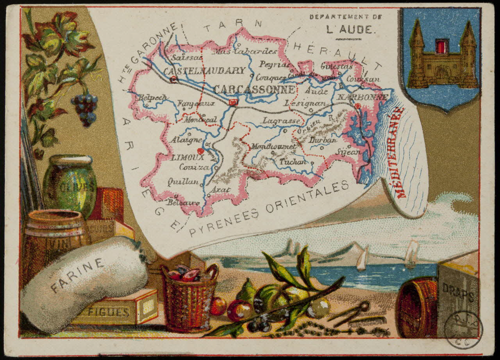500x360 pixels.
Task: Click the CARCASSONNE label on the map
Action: pyautogui.click(x=254, y=90)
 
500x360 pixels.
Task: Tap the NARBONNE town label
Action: pyautogui.click(x=362, y=97)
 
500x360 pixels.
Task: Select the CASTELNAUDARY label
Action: pyautogui.click(x=204, y=71)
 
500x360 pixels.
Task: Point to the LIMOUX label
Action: pyautogui.click(x=187, y=158)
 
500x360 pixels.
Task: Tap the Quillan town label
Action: pyautogui.click(x=183, y=181)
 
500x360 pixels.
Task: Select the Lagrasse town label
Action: pyautogui.click(x=281, y=121)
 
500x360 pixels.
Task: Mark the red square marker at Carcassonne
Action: pyautogui.click(x=234, y=102)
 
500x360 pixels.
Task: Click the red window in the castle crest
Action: pyautogui.click(x=441, y=46)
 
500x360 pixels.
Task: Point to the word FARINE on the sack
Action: pyautogui.click(x=77, y=275)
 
